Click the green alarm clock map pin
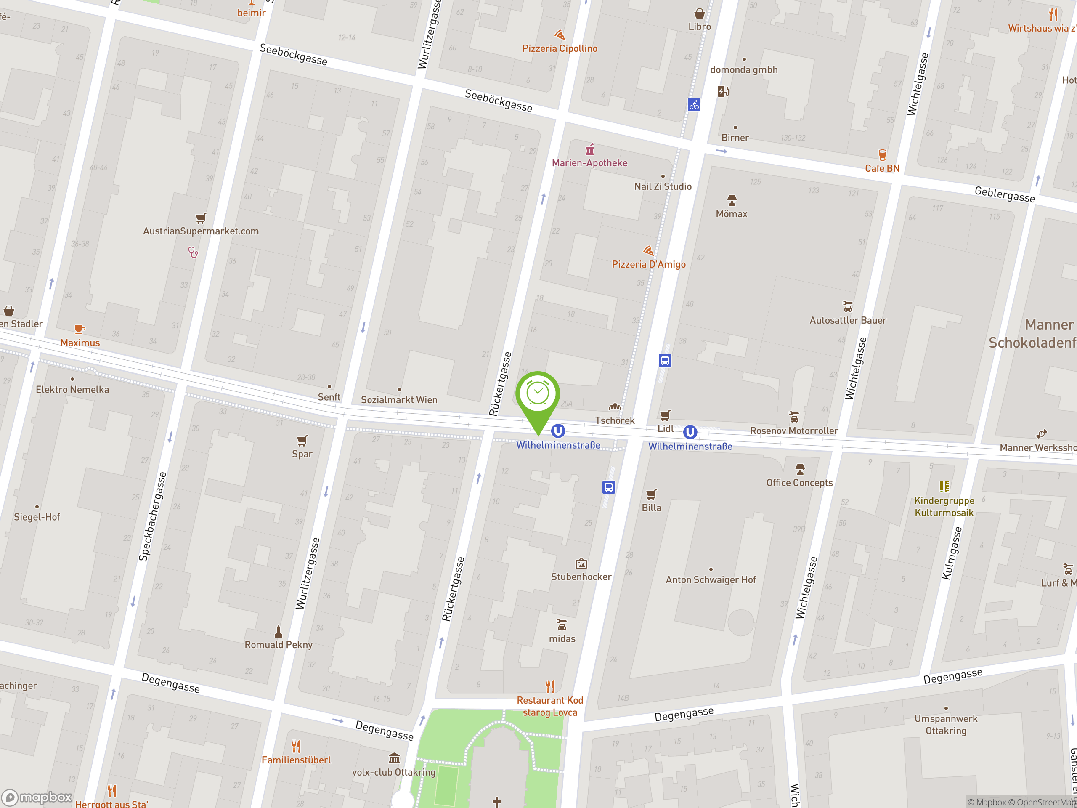coord(538,394)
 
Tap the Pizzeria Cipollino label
coord(560,48)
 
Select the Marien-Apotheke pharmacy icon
coord(590,149)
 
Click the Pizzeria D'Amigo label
coord(649,264)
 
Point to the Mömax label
coord(731,214)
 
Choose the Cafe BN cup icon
coord(882,155)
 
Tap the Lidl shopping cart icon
coord(665,415)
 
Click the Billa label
coord(651,508)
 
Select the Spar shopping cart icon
coord(302,441)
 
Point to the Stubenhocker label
coord(581,577)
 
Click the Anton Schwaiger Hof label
coord(711,579)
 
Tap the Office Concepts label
coord(799,483)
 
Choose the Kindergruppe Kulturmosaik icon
coord(944,486)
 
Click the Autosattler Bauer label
coord(848,320)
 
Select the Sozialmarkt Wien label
coord(399,400)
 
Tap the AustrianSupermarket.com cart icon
coord(201,218)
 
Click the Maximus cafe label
coord(80,343)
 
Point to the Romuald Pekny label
coord(279,644)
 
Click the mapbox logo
coord(37,797)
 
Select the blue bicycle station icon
coord(694,104)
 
